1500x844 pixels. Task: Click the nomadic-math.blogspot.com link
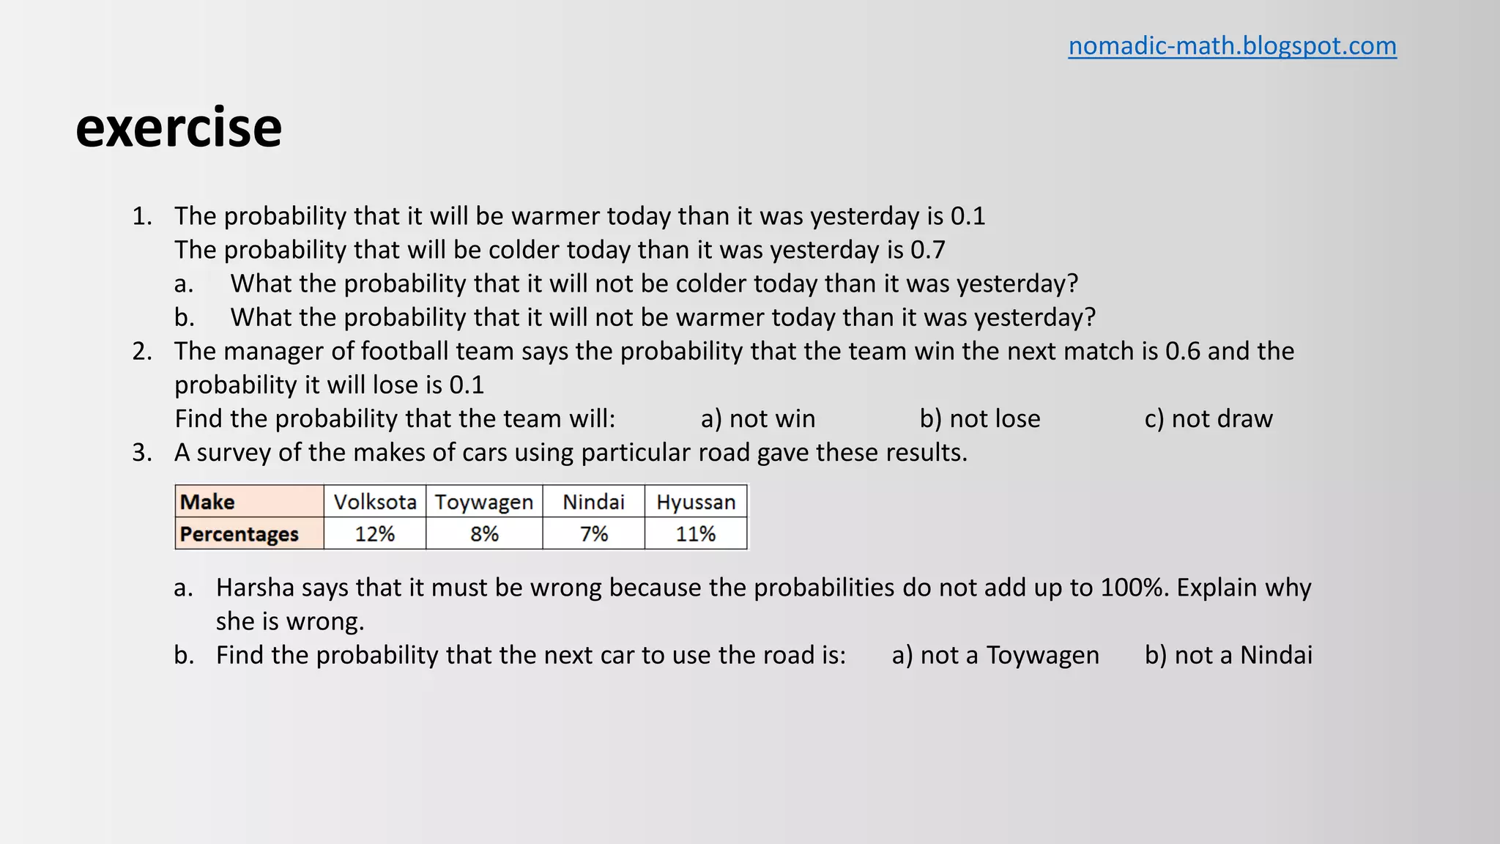coord(1232,46)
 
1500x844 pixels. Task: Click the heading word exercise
coord(179,127)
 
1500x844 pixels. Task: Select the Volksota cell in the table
coord(375,502)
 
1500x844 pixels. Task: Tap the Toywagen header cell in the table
coord(484,502)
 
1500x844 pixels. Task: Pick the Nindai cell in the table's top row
coord(593,502)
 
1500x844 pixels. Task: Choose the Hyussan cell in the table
coord(696,502)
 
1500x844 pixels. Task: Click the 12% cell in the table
coord(375,534)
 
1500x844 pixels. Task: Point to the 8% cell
coord(484,534)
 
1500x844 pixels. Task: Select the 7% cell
coord(593,534)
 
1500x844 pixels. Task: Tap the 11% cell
coord(696,534)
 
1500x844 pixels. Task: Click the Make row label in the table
coord(208,502)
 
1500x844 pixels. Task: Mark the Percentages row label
coord(240,534)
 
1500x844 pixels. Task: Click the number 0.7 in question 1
coord(927,251)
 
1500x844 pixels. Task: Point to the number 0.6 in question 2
coord(1183,352)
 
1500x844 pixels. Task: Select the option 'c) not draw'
coord(1208,419)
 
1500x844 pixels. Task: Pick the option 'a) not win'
coord(758,419)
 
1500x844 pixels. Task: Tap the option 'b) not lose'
coord(980,419)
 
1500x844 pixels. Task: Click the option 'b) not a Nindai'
coord(1228,655)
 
